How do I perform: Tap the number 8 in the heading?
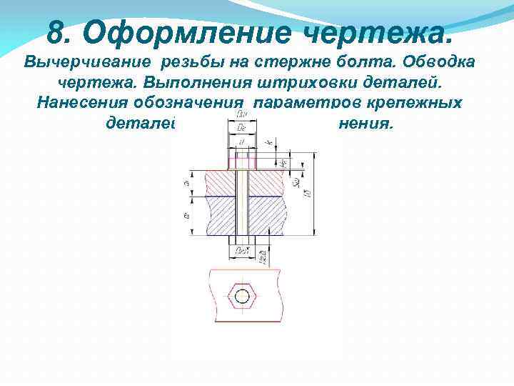(57, 31)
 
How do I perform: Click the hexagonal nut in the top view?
(243, 295)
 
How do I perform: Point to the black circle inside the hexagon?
(243, 295)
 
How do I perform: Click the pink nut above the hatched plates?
(243, 159)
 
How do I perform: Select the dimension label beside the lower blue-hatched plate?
(187, 214)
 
